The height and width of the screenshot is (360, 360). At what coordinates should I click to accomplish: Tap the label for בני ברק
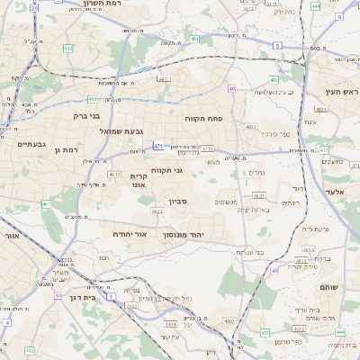click(x=87, y=115)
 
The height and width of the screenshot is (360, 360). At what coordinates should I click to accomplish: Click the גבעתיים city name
click(x=31, y=143)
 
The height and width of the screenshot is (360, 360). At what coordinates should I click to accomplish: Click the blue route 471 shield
click(x=158, y=145)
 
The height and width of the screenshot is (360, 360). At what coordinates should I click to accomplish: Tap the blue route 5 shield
click(x=277, y=44)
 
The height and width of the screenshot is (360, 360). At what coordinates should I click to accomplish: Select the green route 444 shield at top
click(x=315, y=5)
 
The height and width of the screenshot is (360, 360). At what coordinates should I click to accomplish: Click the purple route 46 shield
click(x=274, y=269)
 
